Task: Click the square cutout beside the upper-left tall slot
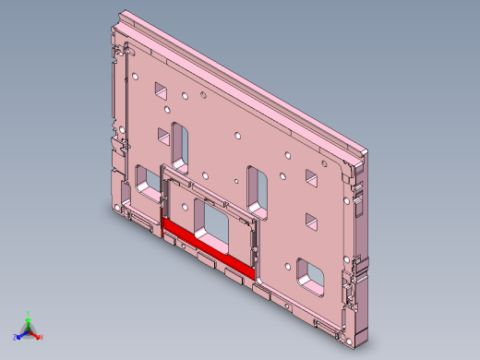162,135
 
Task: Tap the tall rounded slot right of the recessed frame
258,189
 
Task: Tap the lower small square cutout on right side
311,222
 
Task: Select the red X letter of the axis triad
42,338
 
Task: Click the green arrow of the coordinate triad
29,322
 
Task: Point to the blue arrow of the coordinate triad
21,334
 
